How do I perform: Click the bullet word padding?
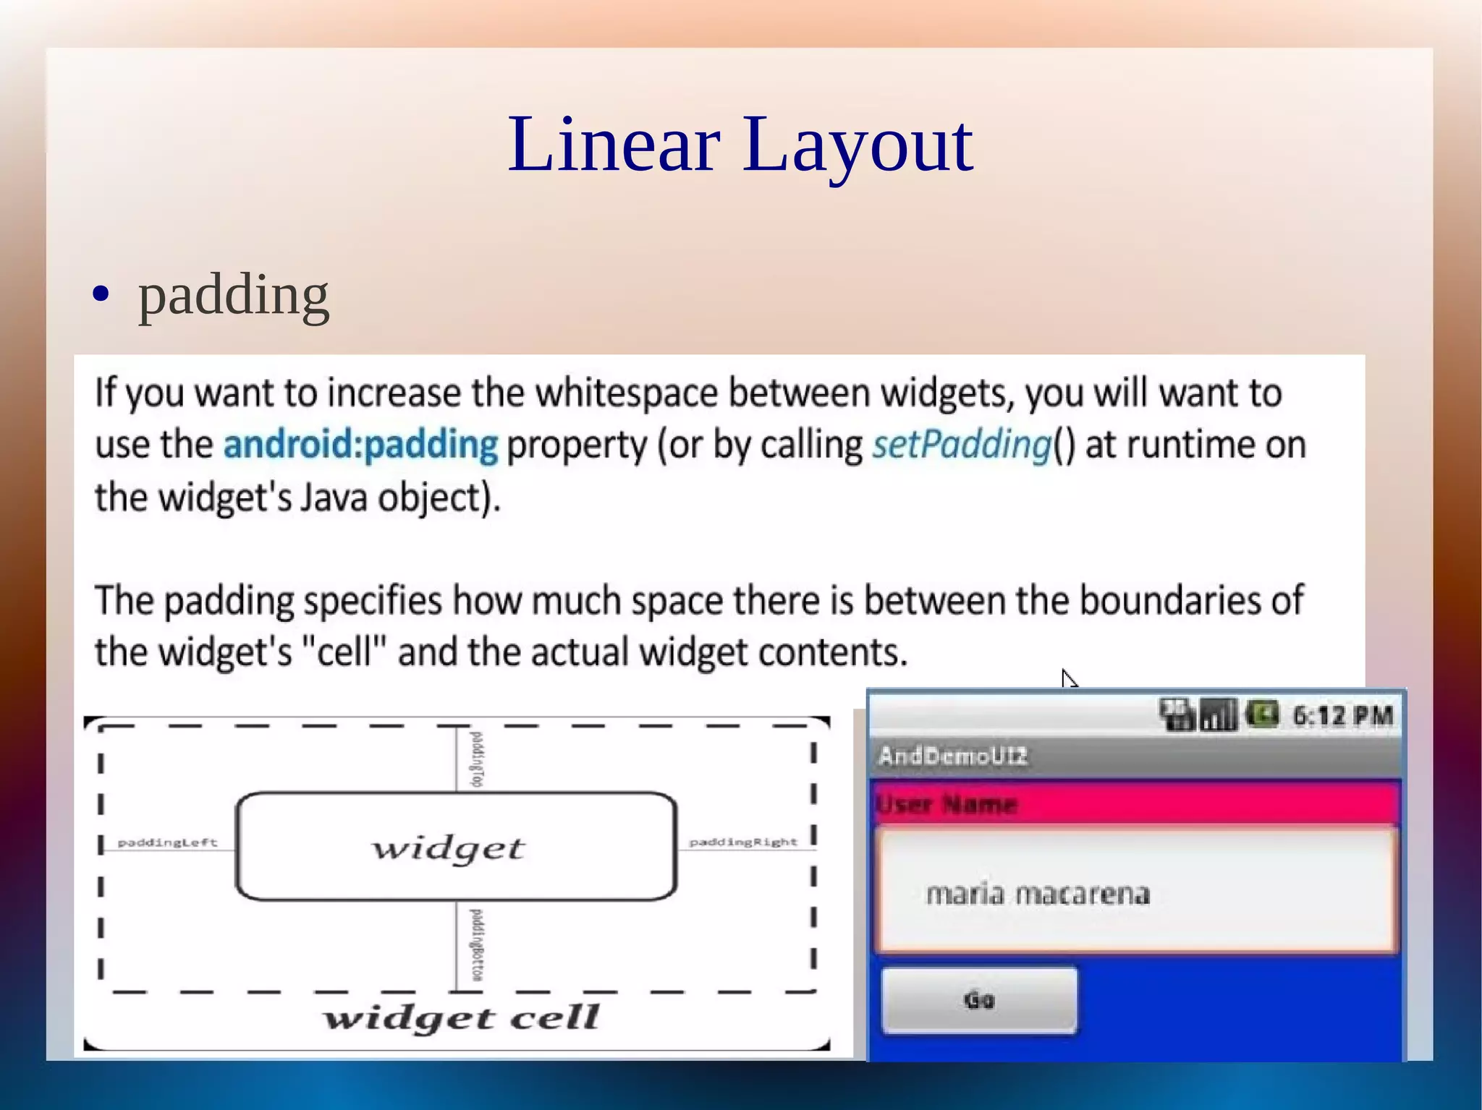[233, 296]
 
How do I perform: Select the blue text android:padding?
[360, 445]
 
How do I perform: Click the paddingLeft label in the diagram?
[167, 842]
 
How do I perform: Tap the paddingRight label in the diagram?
[743, 842]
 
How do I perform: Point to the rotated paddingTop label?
[476, 759]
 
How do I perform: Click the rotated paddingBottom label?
[476, 945]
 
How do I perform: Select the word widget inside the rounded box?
[448, 848]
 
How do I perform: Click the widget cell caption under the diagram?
[461, 1018]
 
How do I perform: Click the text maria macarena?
[1038, 895]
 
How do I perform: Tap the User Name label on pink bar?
[947, 804]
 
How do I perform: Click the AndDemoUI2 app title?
[952, 756]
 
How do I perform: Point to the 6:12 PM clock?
[1342, 716]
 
